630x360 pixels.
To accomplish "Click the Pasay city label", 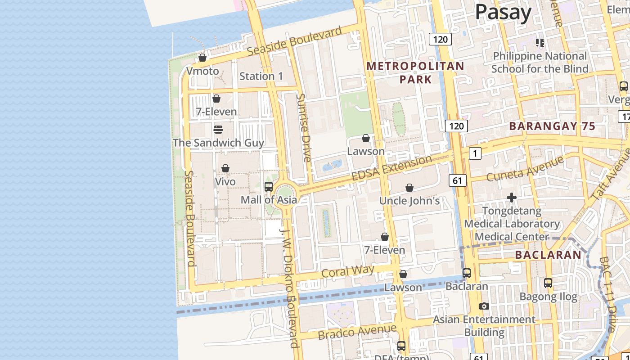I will click(503, 12).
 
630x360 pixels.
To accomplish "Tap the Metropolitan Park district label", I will click(415, 73).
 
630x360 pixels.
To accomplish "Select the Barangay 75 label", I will click(552, 126).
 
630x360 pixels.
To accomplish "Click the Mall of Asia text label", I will click(269, 200).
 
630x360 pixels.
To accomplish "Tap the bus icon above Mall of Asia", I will click(269, 186).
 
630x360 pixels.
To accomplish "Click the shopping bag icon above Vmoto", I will click(202, 58).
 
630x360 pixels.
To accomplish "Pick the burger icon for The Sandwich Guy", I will click(218, 130).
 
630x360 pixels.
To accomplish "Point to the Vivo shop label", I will click(225, 182).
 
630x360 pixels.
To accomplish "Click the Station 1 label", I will click(261, 76).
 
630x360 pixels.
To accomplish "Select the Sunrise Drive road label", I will click(304, 128).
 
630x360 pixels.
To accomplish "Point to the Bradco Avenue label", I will click(357, 332).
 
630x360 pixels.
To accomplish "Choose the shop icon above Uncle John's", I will click(409, 188).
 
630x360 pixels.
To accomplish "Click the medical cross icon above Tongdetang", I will click(511, 198).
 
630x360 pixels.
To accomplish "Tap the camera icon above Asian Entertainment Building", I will click(484, 306).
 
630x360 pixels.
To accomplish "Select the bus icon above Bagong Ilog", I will click(548, 283).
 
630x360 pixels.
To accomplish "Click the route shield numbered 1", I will click(475, 153).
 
